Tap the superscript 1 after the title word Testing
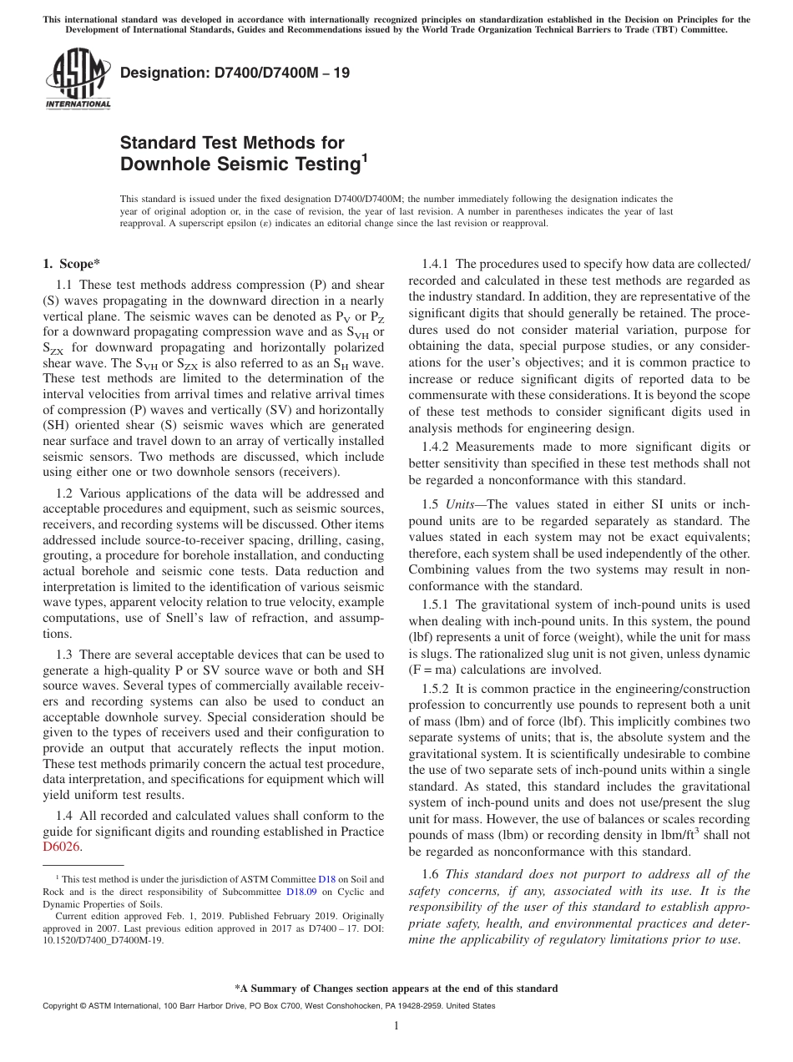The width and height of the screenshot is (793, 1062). tap(364, 156)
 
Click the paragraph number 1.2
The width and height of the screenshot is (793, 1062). tap(64, 493)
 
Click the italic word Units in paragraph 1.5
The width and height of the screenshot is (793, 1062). tap(460, 505)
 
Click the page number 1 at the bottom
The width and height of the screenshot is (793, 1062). tap(396, 1026)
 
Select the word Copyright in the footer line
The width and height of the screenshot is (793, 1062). tap(62, 1006)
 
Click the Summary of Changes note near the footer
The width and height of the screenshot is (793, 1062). tap(396, 989)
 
